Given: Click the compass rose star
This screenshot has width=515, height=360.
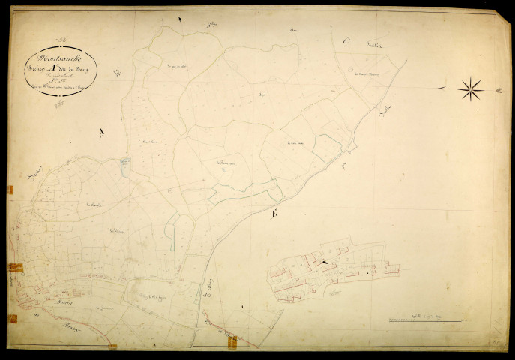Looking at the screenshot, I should pyautogui.click(x=471, y=89).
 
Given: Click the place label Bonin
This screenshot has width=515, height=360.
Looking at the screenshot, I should pyautogui.click(x=64, y=303).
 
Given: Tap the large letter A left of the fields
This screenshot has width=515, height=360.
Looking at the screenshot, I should pyautogui.click(x=101, y=133).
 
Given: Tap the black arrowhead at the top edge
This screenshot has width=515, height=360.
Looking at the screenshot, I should pyautogui.click(x=180, y=18).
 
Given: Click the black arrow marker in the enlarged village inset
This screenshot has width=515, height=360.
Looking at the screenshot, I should pyautogui.click(x=324, y=262).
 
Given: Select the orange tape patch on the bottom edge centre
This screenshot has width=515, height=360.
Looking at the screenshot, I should pyautogui.click(x=232, y=342).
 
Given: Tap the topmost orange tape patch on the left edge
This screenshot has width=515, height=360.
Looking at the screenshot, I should pyautogui.click(x=10, y=190).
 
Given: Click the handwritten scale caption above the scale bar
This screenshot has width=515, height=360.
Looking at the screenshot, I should pyautogui.click(x=424, y=318).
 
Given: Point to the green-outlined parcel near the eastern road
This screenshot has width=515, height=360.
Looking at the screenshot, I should pyautogui.click(x=326, y=148).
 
